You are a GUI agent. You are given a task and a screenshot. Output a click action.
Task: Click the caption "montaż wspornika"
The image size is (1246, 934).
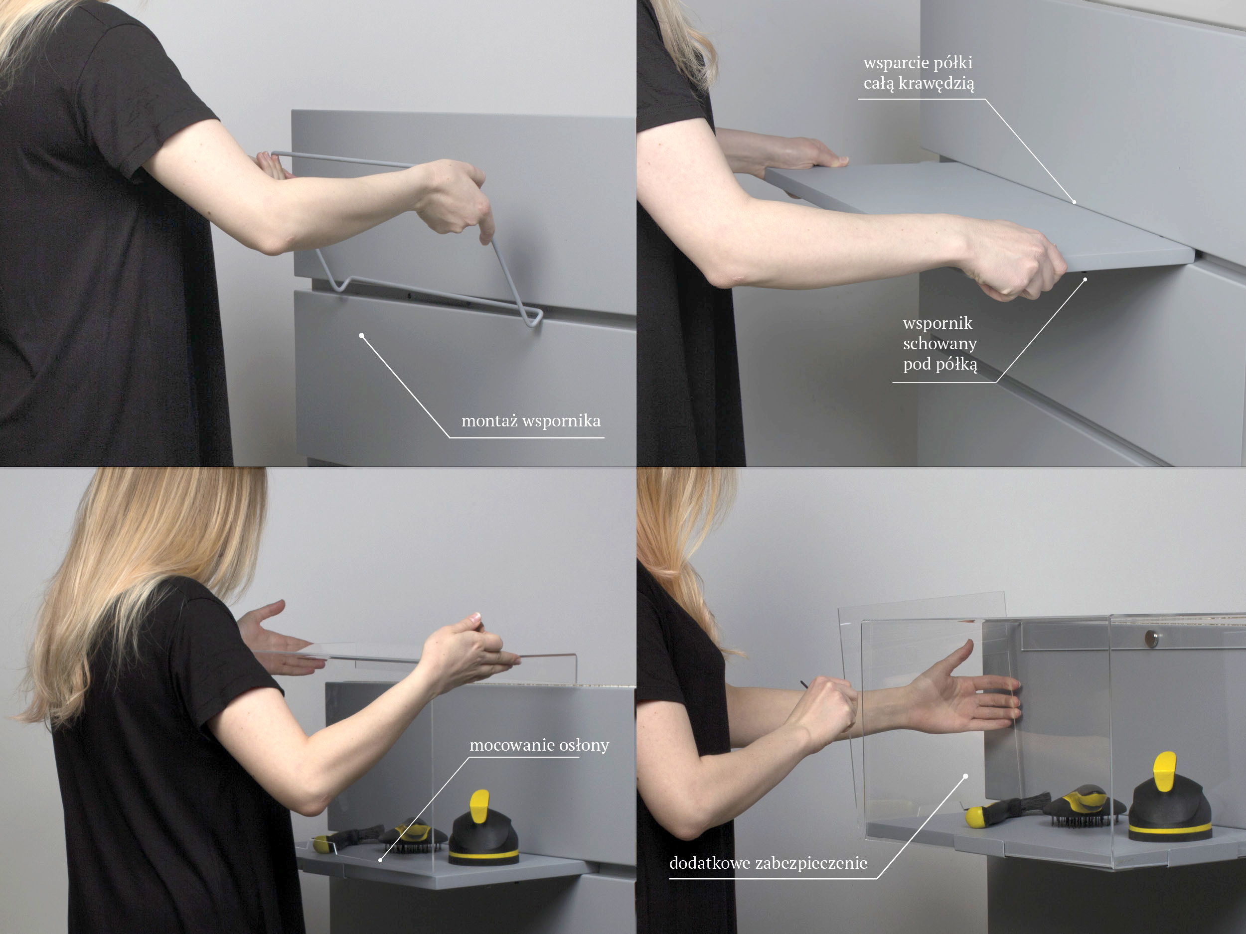531,421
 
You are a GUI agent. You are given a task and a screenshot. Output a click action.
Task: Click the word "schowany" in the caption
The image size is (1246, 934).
940,343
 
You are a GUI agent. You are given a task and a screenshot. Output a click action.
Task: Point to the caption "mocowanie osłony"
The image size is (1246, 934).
539,745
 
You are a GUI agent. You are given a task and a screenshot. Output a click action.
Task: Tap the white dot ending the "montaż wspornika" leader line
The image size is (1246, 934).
362,336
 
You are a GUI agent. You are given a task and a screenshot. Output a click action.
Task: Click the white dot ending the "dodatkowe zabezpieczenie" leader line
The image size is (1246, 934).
965,776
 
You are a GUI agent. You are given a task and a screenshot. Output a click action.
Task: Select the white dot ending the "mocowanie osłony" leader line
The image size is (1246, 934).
381,860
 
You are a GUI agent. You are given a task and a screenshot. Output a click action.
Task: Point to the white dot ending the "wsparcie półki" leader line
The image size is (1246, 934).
1074,202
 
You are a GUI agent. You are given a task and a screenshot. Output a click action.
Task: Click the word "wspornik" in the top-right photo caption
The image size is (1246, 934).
937,324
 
